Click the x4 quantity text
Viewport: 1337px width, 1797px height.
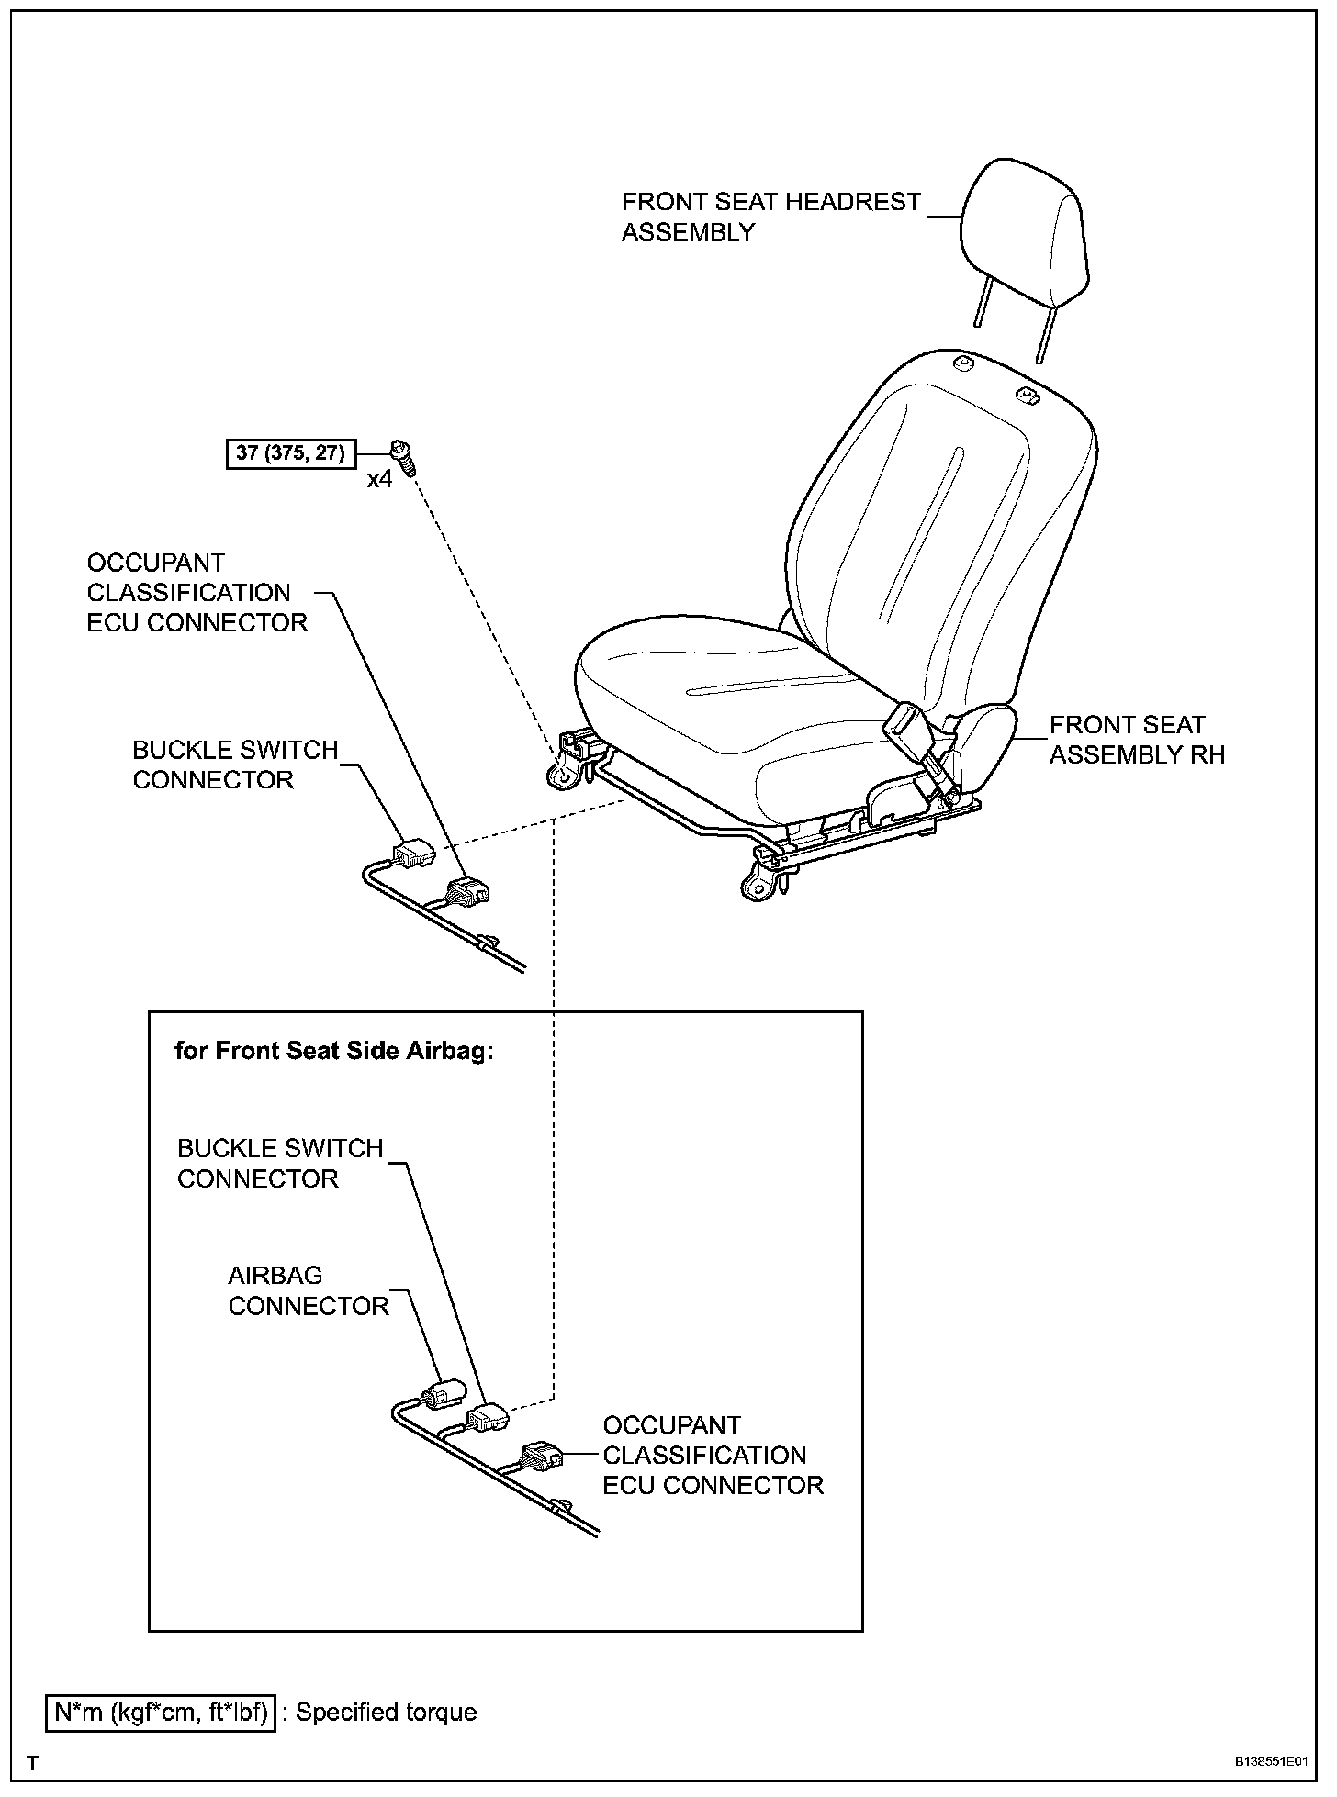[x=379, y=479]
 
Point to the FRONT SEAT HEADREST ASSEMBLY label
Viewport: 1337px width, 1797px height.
[x=770, y=217]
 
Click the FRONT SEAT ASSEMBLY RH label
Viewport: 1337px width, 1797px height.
[x=1137, y=739]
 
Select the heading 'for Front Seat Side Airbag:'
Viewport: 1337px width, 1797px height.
[x=334, y=1051]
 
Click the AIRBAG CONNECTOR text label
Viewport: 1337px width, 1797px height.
[x=308, y=1290]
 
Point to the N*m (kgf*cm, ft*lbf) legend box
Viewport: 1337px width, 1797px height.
[x=161, y=1712]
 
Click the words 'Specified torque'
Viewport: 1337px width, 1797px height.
[x=386, y=1712]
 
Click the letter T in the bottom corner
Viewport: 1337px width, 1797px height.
[x=33, y=1763]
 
